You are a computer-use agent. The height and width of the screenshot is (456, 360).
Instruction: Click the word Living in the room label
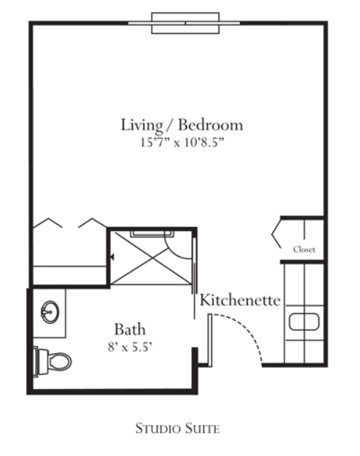(142, 126)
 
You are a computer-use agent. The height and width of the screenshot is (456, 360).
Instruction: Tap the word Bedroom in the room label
(211, 124)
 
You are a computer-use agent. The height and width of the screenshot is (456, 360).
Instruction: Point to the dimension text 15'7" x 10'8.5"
(183, 142)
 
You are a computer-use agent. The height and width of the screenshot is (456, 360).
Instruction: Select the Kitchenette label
(240, 300)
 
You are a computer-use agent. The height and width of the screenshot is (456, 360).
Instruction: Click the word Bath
(130, 330)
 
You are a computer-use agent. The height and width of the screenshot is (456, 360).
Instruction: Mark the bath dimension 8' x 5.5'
(130, 347)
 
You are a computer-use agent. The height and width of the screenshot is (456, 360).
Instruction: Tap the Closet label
(304, 249)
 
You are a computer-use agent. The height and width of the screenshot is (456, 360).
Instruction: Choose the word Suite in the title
(203, 429)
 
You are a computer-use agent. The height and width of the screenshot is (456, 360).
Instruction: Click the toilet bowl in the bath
(60, 362)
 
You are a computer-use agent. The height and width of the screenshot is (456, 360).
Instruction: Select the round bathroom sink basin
(50, 312)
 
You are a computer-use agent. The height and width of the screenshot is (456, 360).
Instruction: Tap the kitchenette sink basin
(304, 322)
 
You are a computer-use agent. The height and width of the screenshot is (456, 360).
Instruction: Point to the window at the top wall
(185, 23)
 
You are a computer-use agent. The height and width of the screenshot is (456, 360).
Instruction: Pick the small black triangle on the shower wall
(112, 257)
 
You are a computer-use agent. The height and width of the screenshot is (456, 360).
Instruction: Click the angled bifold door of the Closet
(277, 234)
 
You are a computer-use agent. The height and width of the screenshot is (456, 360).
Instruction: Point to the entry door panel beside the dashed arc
(210, 340)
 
